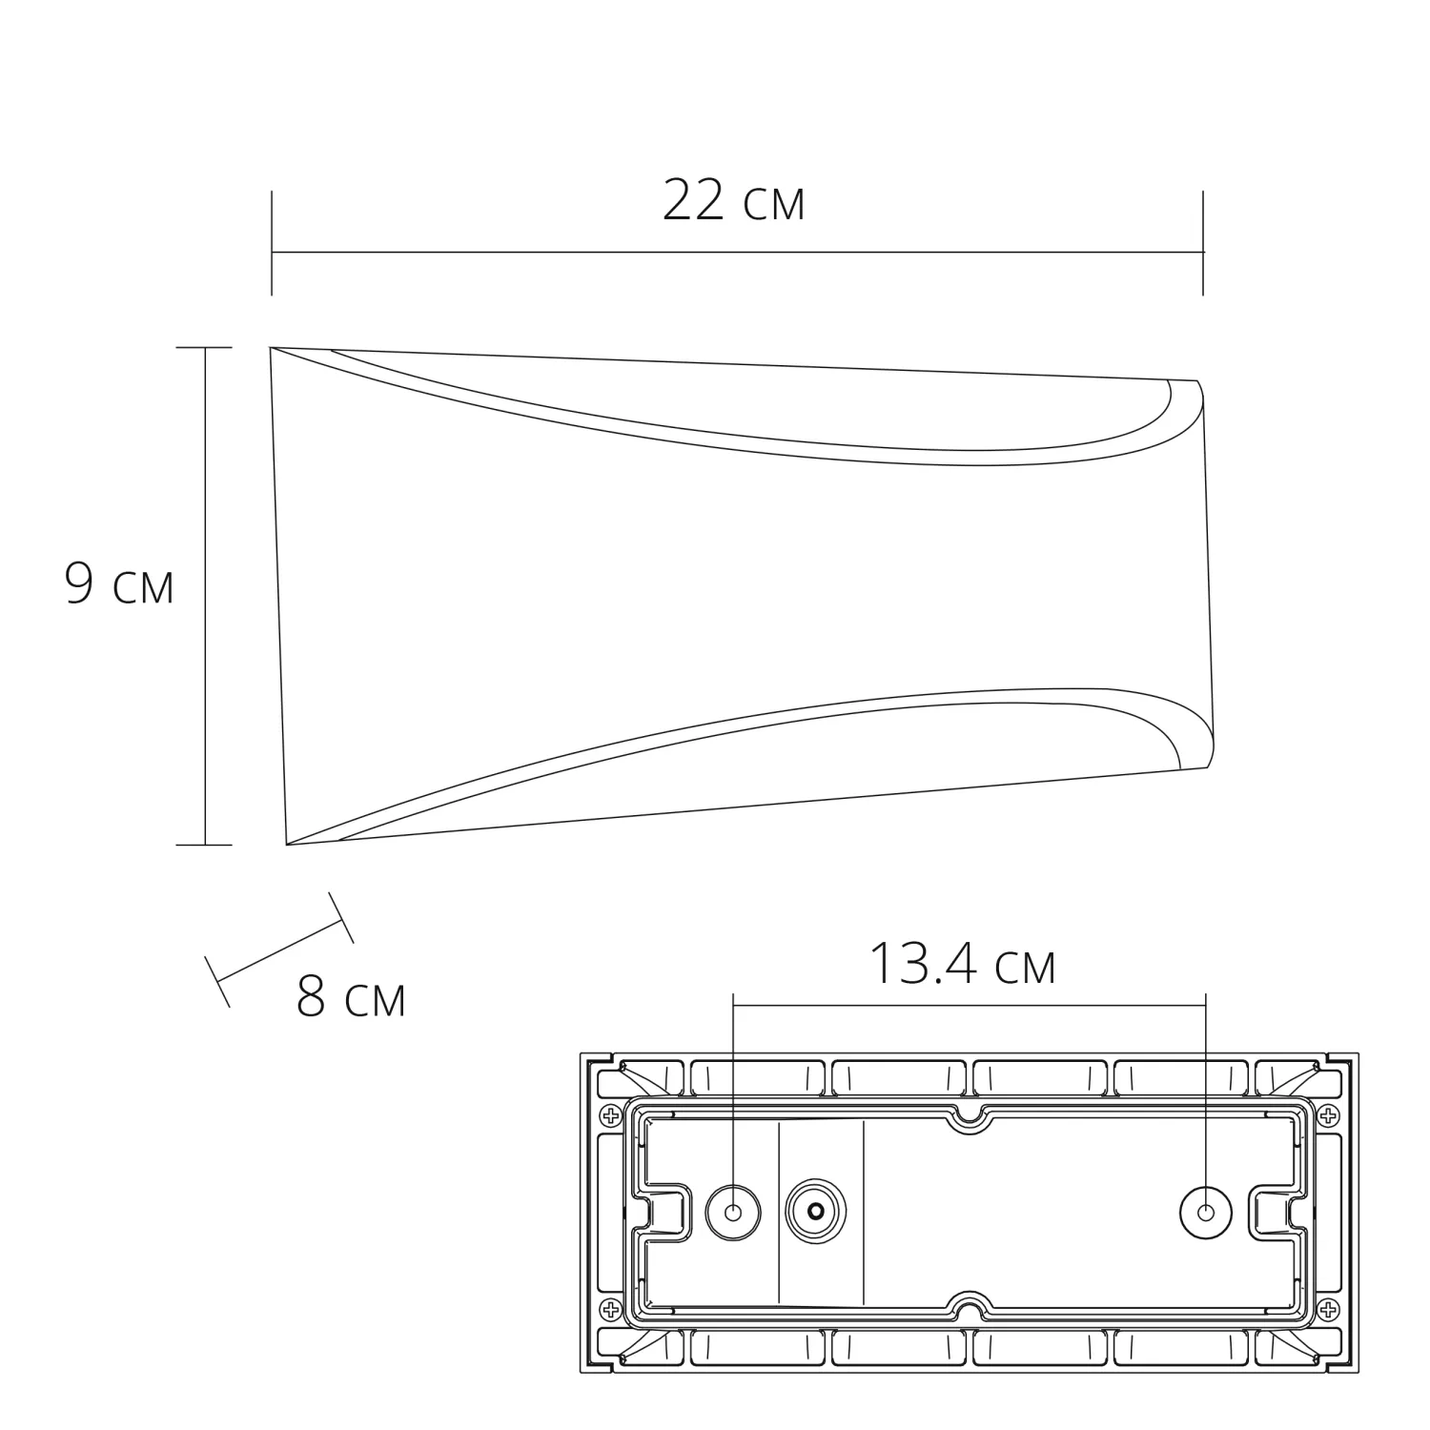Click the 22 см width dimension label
[733, 201]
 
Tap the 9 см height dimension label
[119, 584]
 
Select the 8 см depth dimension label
[351, 997]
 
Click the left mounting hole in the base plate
[733, 1213]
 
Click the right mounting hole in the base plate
[1206, 1213]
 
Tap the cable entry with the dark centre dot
[815, 1213]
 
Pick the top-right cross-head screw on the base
[1328, 1115]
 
